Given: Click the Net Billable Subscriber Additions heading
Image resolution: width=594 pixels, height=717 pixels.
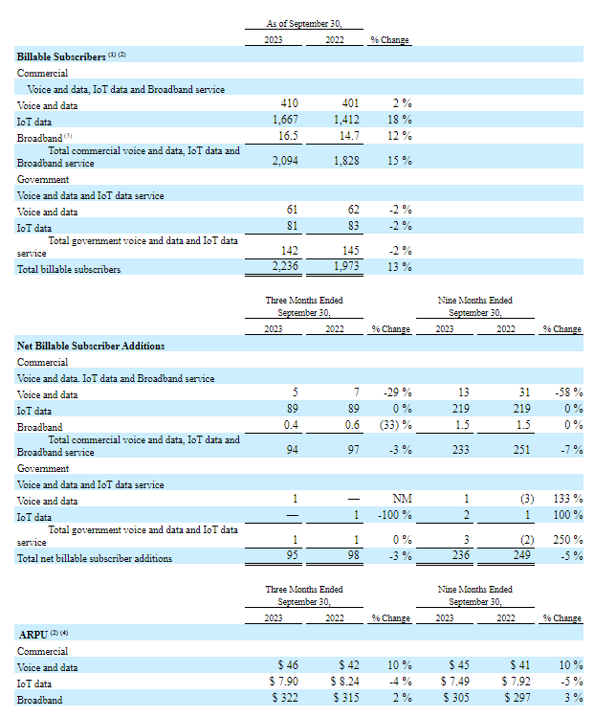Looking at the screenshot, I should pyautogui.click(x=91, y=346).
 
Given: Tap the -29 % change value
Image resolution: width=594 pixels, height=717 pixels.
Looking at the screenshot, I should pyautogui.click(x=397, y=393).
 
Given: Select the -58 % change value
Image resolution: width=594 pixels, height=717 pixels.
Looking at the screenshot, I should pyautogui.click(x=568, y=393).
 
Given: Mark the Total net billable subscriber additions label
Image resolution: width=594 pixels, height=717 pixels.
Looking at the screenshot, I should pyautogui.click(x=95, y=558).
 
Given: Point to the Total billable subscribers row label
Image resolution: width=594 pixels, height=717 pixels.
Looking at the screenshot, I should pyautogui.click(x=69, y=269).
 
